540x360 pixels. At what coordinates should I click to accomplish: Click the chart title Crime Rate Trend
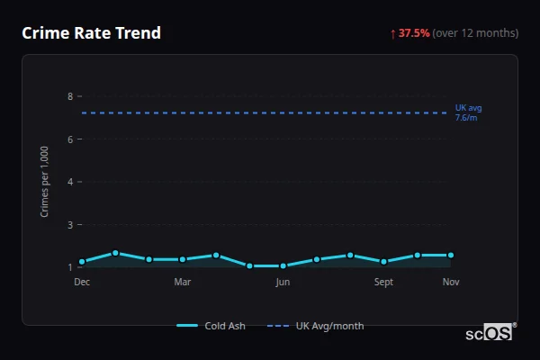tap(91, 33)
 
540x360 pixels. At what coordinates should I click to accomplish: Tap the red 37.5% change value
tap(414, 33)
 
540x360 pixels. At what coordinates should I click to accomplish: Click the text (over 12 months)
tap(475, 33)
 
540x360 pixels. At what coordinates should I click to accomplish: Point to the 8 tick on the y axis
tap(69, 96)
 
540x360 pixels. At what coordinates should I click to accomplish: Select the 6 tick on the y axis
tap(69, 139)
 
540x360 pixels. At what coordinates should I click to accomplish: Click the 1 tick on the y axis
tap(69, 267)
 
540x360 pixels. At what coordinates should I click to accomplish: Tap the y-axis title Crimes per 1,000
tap(45, 181)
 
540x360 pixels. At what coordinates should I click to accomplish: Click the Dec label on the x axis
tap(82, 283)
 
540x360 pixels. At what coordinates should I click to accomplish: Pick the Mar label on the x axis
tap(183, 283)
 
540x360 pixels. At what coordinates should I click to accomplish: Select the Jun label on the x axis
tap(283, 283)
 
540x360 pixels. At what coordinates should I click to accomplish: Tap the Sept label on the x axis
tap(383, 283)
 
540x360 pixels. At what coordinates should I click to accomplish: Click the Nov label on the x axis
tap(451, 283)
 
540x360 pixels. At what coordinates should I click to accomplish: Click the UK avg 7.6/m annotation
tap(468, 112)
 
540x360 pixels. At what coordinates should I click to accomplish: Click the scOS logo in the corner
tap(490, 333)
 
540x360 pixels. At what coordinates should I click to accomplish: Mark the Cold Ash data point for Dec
tap(82, 262)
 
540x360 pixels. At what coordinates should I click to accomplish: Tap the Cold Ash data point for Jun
tap(283, 266)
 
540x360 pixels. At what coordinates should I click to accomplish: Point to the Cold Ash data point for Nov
tap(451, 256)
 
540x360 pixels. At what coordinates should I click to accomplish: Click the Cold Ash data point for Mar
tap(183, 259)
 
